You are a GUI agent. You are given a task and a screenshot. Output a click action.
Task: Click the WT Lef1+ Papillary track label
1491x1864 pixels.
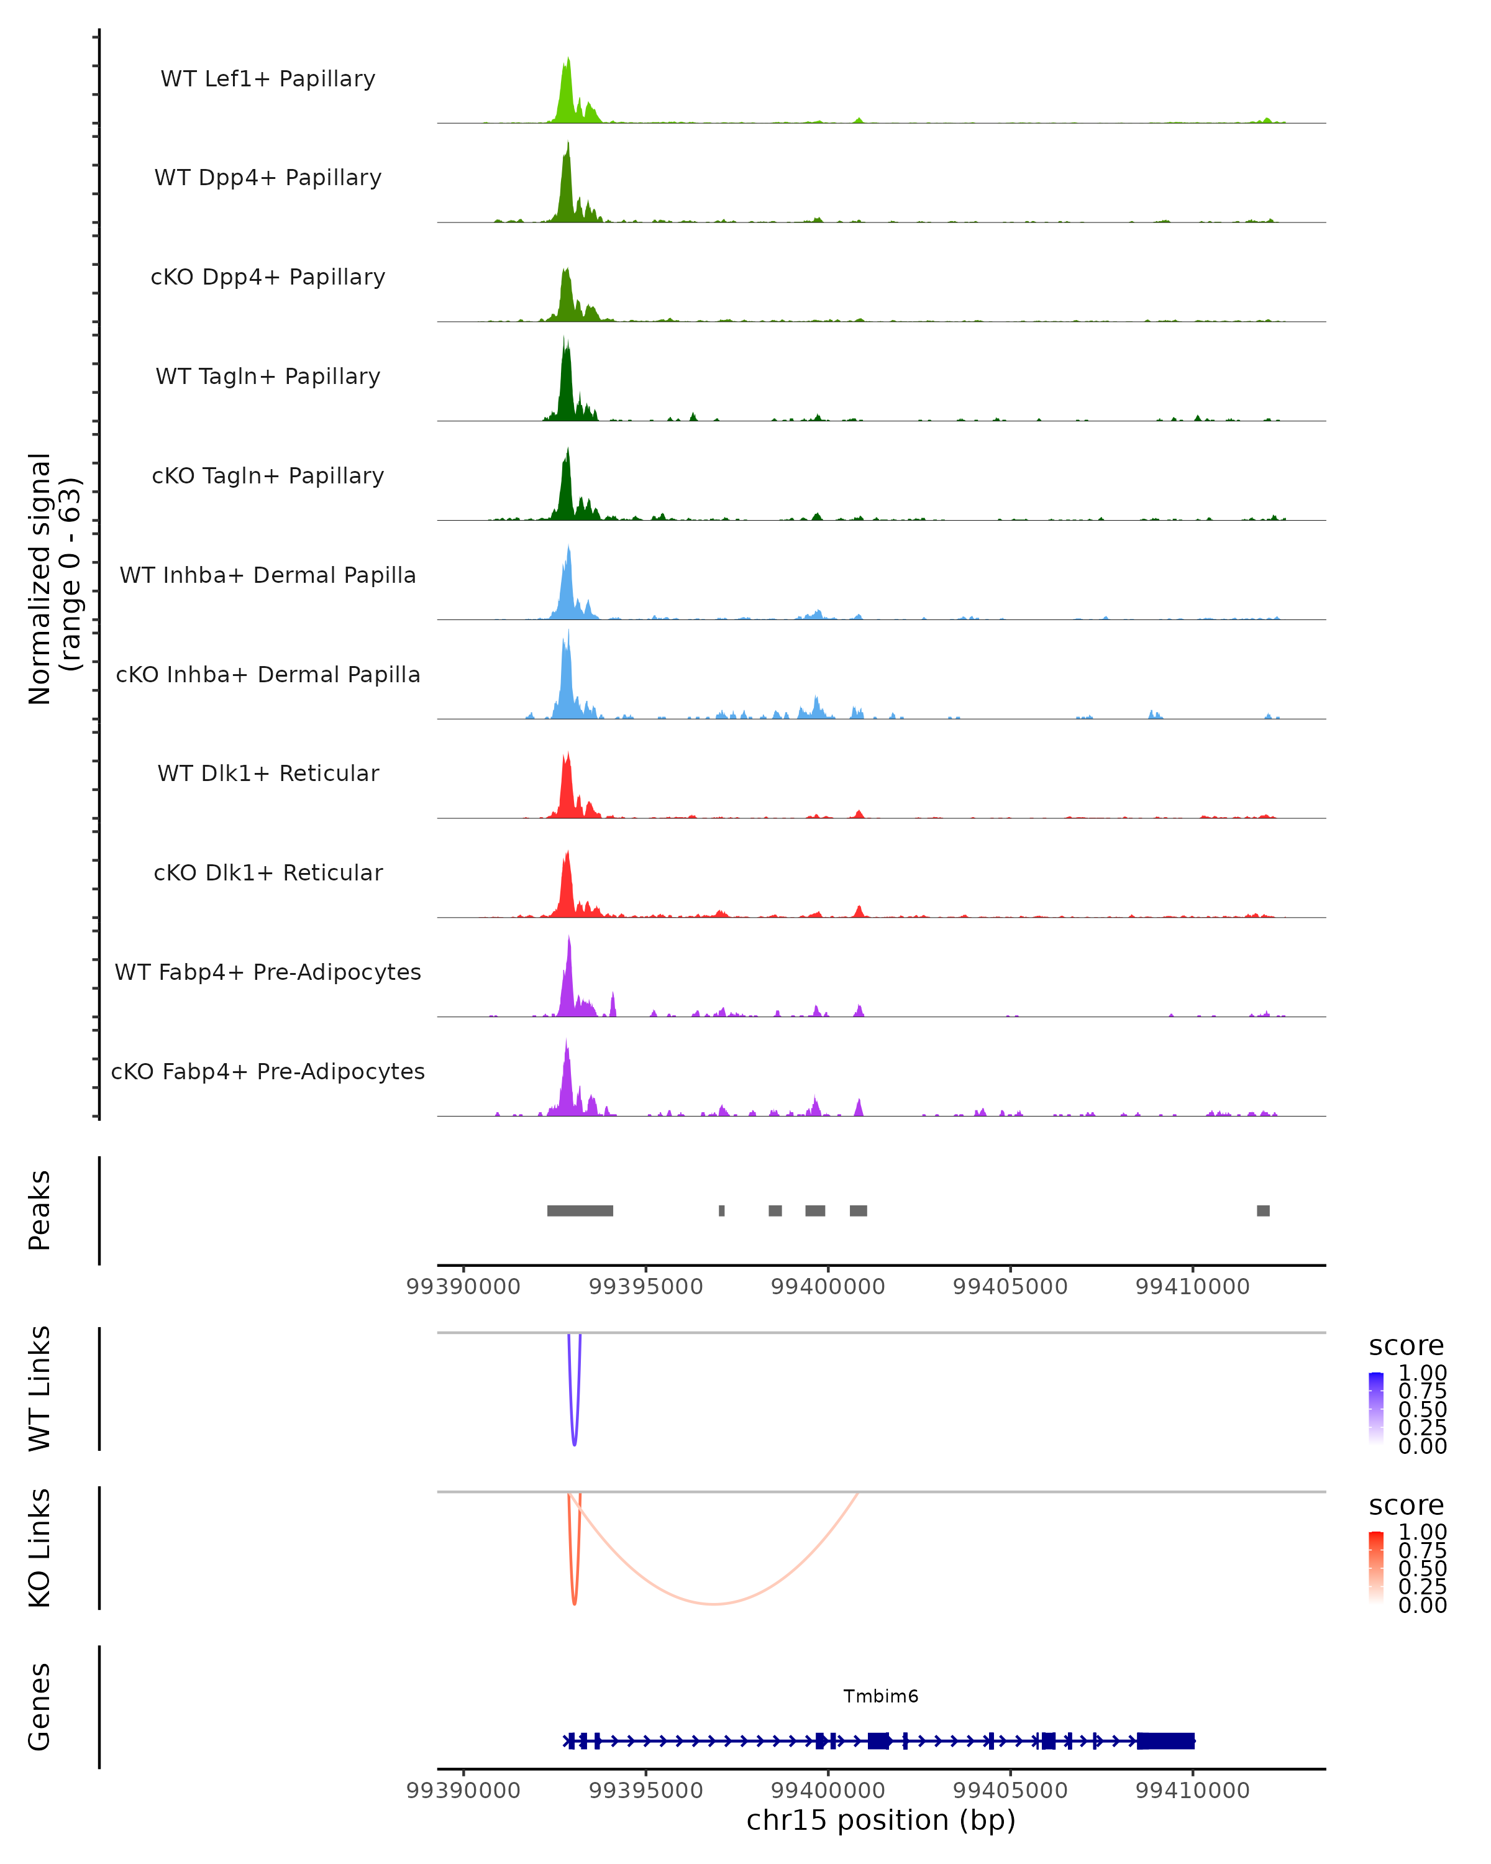pos(268,79)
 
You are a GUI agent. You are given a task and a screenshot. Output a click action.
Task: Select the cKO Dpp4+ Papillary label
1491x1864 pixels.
pos(268,276)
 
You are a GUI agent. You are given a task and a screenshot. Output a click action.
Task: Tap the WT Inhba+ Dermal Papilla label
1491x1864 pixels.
pos(268,575)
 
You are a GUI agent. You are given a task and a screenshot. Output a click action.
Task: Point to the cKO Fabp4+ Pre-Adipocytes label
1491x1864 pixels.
pos(268,1071)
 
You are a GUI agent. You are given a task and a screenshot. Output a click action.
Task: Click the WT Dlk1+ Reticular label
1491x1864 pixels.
pos(268,774)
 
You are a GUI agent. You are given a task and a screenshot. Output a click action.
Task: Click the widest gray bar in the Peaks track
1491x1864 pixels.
pos(580,1210)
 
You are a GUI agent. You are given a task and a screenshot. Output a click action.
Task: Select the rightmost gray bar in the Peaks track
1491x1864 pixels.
pos(1263,1210)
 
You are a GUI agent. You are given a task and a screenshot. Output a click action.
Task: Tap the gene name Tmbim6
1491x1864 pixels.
pos(881,1696)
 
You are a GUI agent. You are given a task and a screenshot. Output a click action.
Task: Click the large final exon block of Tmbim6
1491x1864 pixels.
pos(1165,1740)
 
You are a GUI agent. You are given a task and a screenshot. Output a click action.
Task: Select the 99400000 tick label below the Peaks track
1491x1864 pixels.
pos(827,1287)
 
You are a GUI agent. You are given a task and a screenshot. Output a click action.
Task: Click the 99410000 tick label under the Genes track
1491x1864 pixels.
pos(1192,1791)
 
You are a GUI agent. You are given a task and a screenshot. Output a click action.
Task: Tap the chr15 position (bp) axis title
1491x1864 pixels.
pos(881,1821)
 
